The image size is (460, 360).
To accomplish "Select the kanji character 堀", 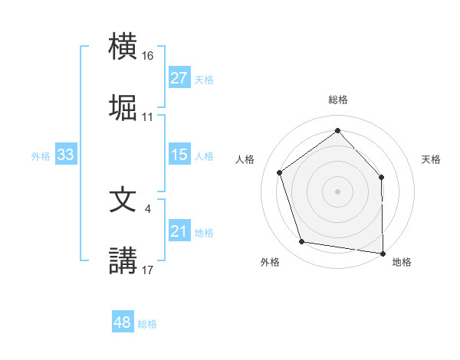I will click(x=123, y=107).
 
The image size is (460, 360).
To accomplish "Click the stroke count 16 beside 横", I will click(x=148, y=57).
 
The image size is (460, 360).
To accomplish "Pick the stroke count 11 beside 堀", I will click(x=148, y=117).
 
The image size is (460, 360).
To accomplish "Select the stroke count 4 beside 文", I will click(x=147, y=208).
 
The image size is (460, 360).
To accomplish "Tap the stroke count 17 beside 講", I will click(x=148, y=269).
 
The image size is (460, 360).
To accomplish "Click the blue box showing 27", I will click(x=179, y=78).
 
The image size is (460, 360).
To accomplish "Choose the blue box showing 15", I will click(x=179, y=155).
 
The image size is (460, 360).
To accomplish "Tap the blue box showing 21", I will click(x=179, y=231).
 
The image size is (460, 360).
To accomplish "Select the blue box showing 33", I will click(x=65, y=155).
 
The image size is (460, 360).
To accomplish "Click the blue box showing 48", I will click(x=122, y=322).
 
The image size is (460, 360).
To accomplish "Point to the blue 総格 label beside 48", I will click(x=147, y=324).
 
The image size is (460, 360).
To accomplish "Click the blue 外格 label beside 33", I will click(x=41, y=156).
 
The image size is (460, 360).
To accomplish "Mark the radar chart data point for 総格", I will click(x=337, y=131).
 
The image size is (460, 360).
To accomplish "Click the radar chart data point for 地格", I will click(x=383, y=253).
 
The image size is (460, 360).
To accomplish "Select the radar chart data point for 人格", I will click(x=280, y=172).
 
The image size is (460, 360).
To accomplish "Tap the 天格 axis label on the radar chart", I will click(x=431, y=159).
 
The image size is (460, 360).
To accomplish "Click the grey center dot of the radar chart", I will click(x=337, y=191).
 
